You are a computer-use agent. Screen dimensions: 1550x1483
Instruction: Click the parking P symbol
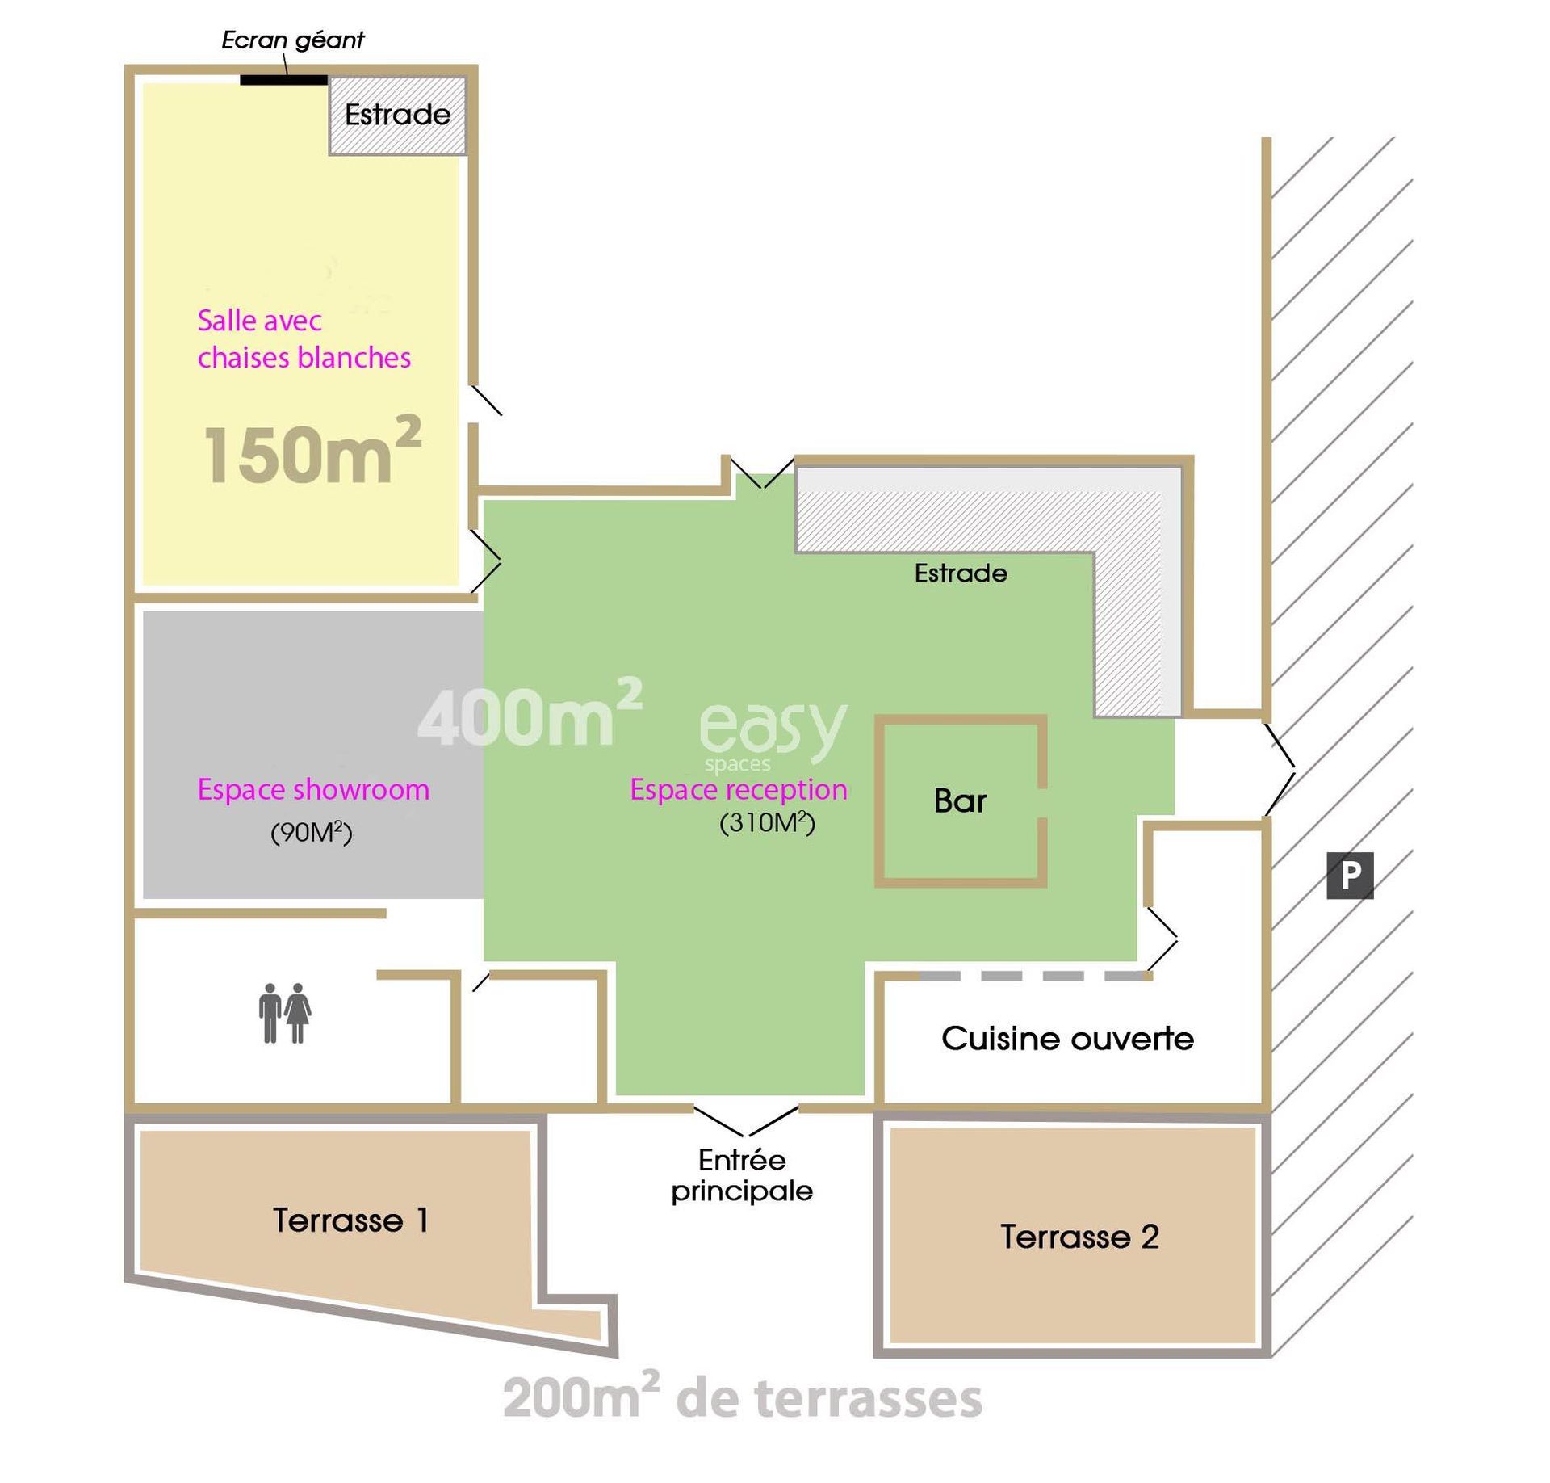pyautogui.click(x=1350, y=876)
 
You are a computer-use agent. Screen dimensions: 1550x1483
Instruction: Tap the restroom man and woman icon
pyautogui.click(x=285, y=1013)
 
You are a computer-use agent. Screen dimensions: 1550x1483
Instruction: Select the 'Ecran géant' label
pyautogui.click(x=293, y=40)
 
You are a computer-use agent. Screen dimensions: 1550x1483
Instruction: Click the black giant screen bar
pyautogui.click(x=284, y=80)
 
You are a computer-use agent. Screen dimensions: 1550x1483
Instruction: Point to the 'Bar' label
pyautogui.click(x=960, y=800)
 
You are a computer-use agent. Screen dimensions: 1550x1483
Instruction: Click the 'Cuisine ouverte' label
pyautogui.click(x=1067, y=1039)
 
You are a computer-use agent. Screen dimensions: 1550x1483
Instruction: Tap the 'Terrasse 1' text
pyautogui.click(x=350, y=1220)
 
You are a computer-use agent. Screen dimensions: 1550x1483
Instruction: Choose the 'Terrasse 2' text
pyautogui.click(x=1079, y=1237)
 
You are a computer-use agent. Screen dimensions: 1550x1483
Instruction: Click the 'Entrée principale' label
pyautogui.click(x=742, y=1176)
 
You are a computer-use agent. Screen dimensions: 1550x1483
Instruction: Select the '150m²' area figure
pyautogui.click(x=312, y=451)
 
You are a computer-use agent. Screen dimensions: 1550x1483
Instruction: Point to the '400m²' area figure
pyautogui.click(x=530, y=712)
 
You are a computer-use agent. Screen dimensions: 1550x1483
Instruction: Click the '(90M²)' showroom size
pyautogui.click(x=312, y=832)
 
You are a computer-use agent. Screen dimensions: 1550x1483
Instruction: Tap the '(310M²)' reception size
pyautogui.click(x=767, y=822)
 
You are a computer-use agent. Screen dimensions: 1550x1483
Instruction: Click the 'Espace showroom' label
pyautogui.click(x=313, y=789)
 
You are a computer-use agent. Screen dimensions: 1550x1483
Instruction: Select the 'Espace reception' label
pyautogui.click(x=739, y=789)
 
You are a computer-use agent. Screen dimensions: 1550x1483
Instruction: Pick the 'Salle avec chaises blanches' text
pyautogui.click(x=304, y=339)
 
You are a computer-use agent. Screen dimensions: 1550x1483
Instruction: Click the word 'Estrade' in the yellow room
pyautogui.click(x=398, y=115)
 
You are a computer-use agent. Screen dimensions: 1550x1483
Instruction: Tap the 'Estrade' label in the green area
pyautogui.click(x=961, y=573)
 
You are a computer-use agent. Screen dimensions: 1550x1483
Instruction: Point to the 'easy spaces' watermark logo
pyautogui.click(x=773, y=735)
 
